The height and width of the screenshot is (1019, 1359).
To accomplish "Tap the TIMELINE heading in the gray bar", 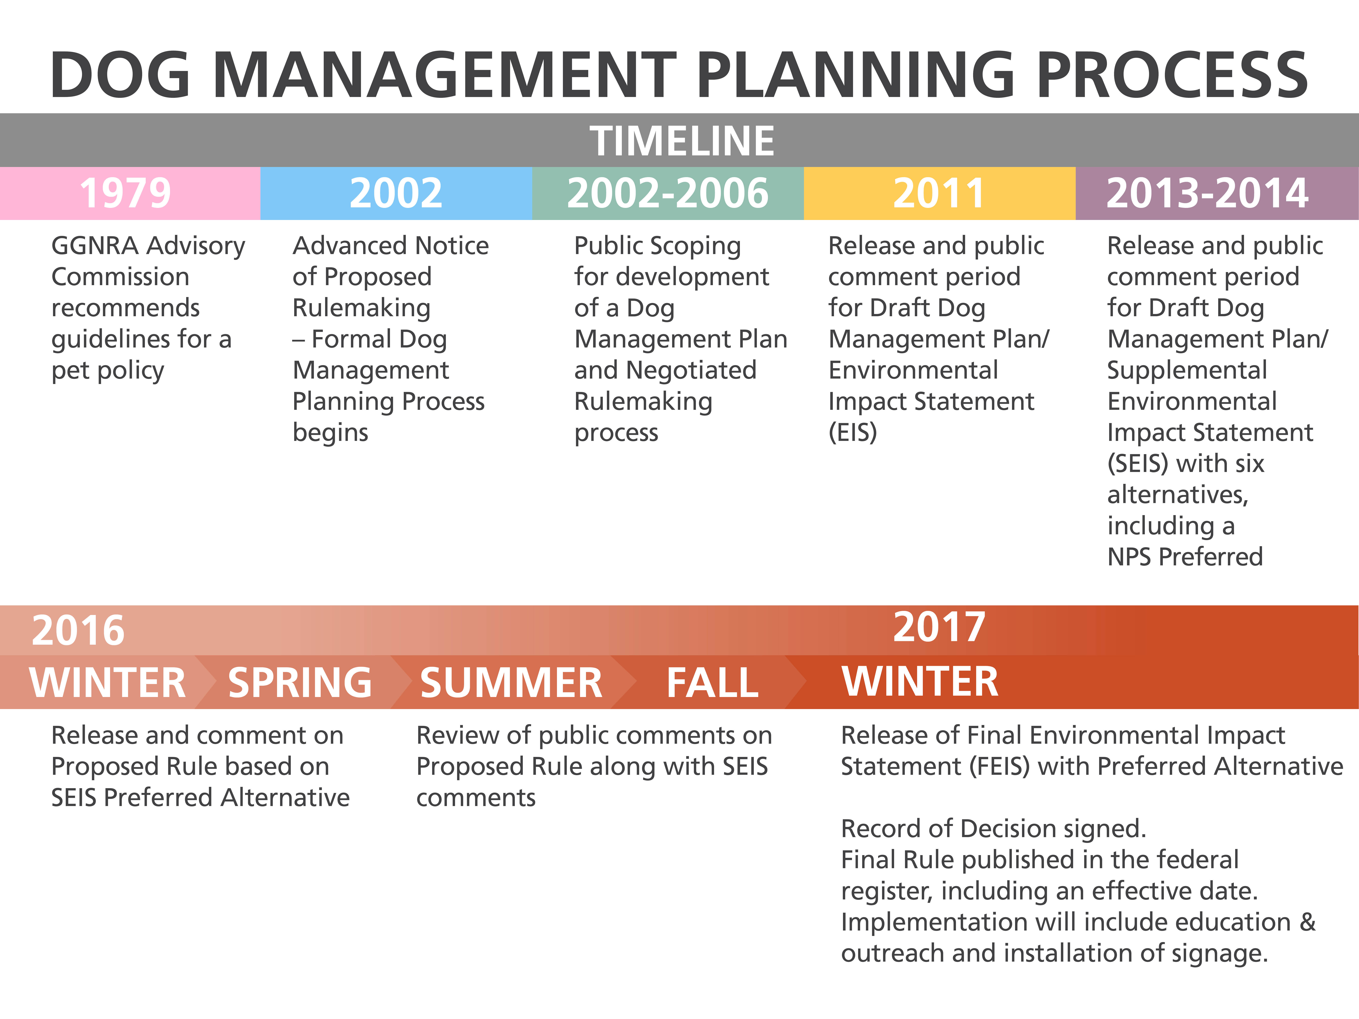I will pos(682,141).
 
